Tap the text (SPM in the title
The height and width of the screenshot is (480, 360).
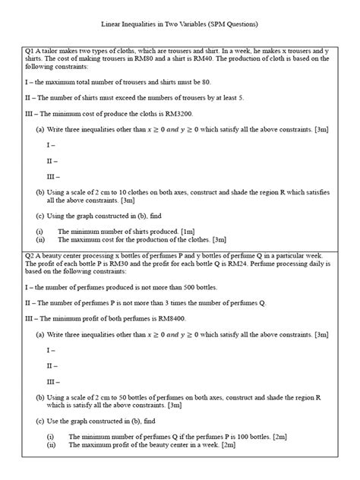243,25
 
